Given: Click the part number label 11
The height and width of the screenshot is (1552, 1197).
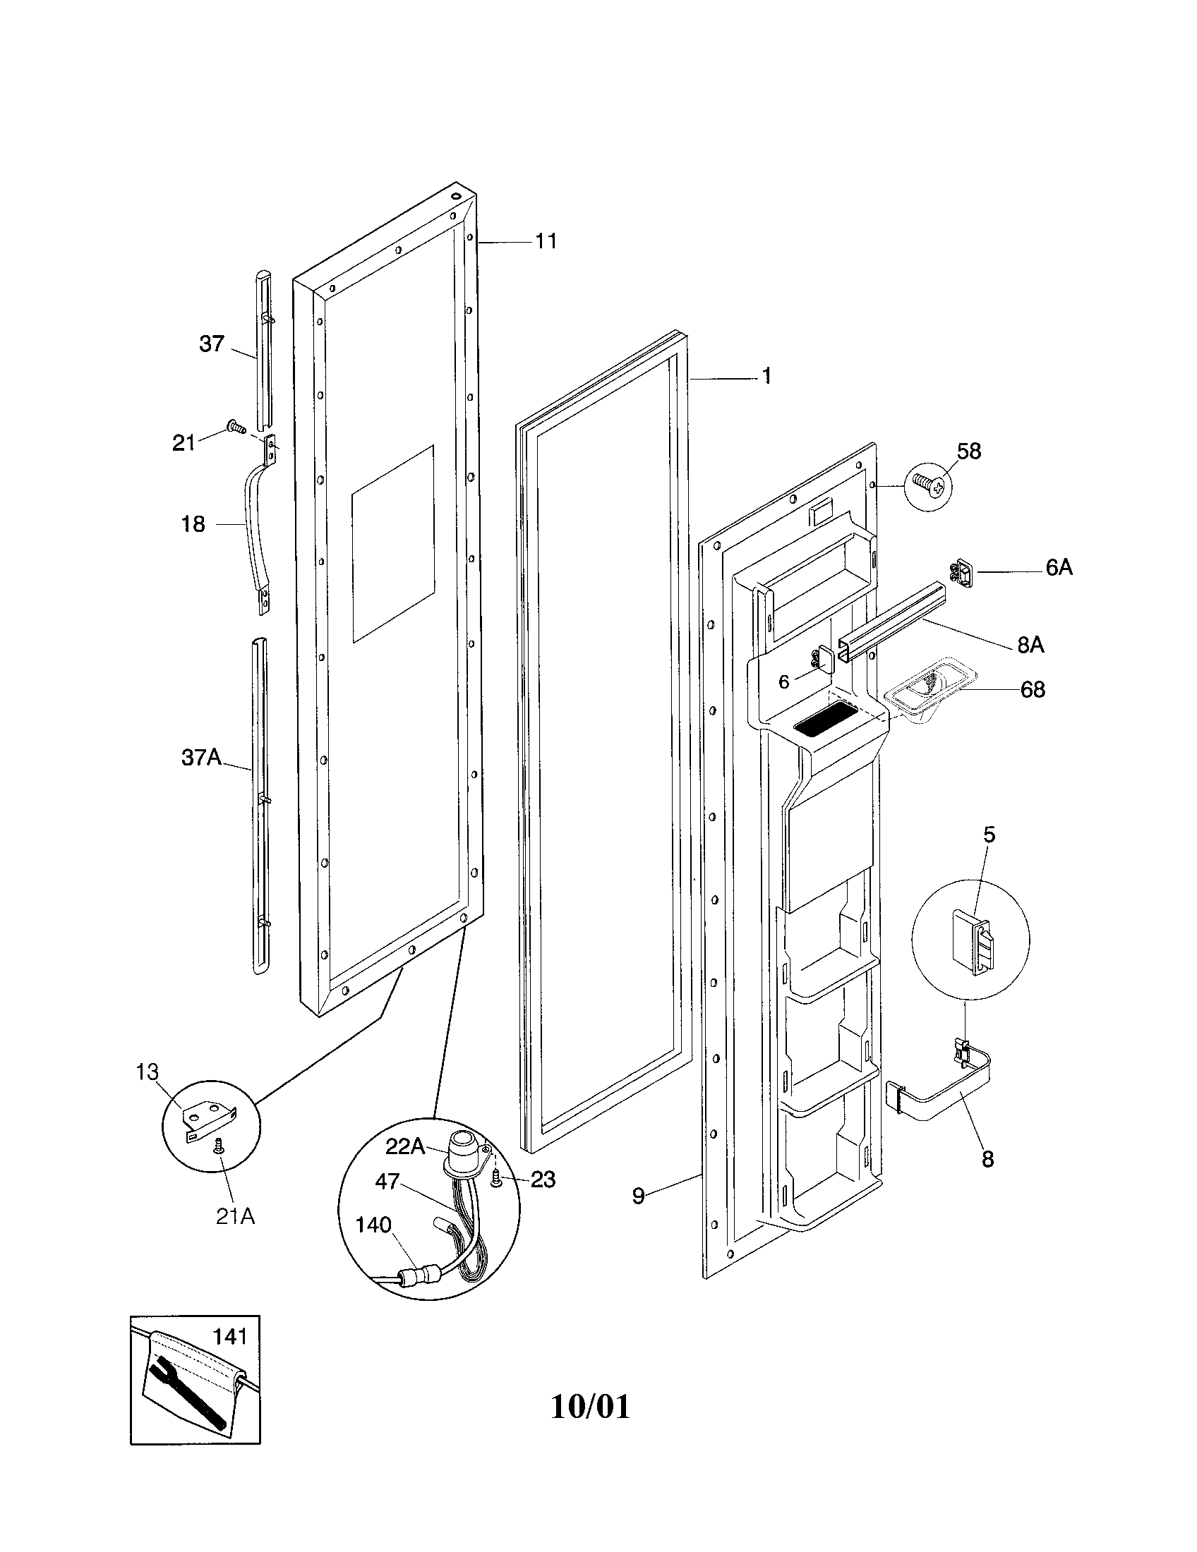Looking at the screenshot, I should (x=546, y=241).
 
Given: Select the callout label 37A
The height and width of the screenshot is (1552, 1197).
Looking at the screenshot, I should (x=201, y=758).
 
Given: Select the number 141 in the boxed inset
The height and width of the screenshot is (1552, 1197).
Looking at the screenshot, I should (x=229, y=1337).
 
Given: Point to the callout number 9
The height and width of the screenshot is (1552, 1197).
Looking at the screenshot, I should (x=638, y=1196).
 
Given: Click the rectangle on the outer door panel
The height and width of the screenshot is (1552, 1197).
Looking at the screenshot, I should (x=392, y=544).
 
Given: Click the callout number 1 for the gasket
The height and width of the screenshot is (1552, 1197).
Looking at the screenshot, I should (x=766, y=376).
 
